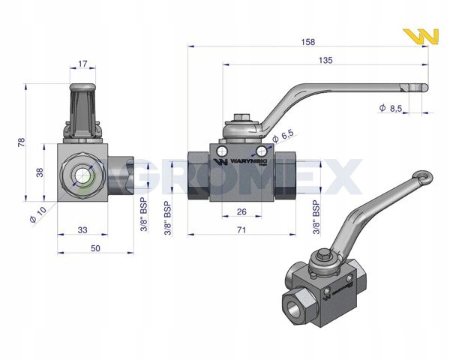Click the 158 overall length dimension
pyautogui.click(x=308, y=42)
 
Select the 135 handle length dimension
pyautogui.click(x=325, y=60)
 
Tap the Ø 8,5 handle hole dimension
pyautogui.click(x=391, y=108)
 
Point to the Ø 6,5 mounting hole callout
pyautogui.click(x=283, y=136)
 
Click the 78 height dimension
pyautogui.click(x=22, y=142)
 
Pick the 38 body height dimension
pyautogui.click(x=40, y=172)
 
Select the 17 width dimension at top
pyautogui.click(x=82, y=64)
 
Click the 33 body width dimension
pyautogui.click(x=82, y=230)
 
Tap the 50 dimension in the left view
pyautogui.click(x=95, y=248)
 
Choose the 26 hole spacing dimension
pyautogui.click(x=242, y=211)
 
